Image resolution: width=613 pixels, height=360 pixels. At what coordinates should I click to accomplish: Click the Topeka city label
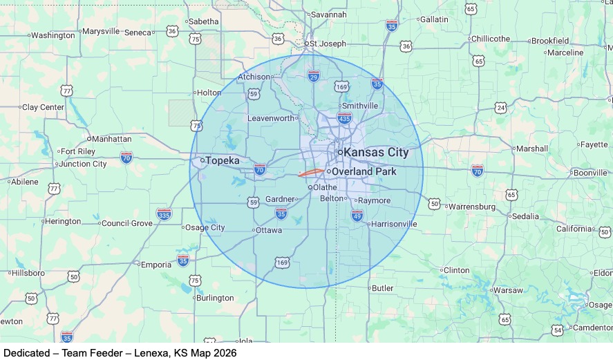(x=223, y=161)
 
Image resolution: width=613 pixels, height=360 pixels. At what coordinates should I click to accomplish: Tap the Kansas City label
(x=376, y=152)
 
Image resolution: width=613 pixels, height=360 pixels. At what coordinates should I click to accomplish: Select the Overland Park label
(x=364, y=171)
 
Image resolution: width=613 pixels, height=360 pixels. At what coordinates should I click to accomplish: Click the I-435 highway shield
(x=344, y=117)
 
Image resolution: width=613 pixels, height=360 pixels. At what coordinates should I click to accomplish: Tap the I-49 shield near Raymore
(x=357, y=216)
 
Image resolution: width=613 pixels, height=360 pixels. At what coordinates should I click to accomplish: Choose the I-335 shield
(x=164, y=214)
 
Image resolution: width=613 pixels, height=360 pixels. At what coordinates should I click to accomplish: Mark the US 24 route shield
(x=500, y=108)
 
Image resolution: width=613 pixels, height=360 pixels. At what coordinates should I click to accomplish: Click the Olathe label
(x=325, y=187)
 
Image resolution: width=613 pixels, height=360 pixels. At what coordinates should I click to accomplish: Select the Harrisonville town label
(x=394, y=224)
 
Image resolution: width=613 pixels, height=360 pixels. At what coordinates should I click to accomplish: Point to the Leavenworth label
(x=272, y=118)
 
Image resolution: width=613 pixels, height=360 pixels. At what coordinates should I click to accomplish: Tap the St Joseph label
(x=328, y=43)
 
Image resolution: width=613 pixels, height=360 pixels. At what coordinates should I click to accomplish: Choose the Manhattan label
(x=111, y=138)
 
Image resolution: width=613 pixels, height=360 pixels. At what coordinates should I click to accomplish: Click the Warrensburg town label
(x=472, y=206)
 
